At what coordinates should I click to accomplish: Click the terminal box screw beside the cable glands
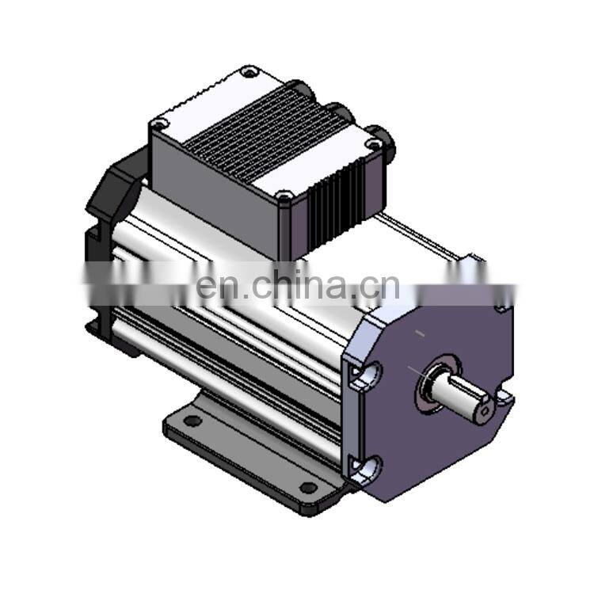[371, 144]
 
